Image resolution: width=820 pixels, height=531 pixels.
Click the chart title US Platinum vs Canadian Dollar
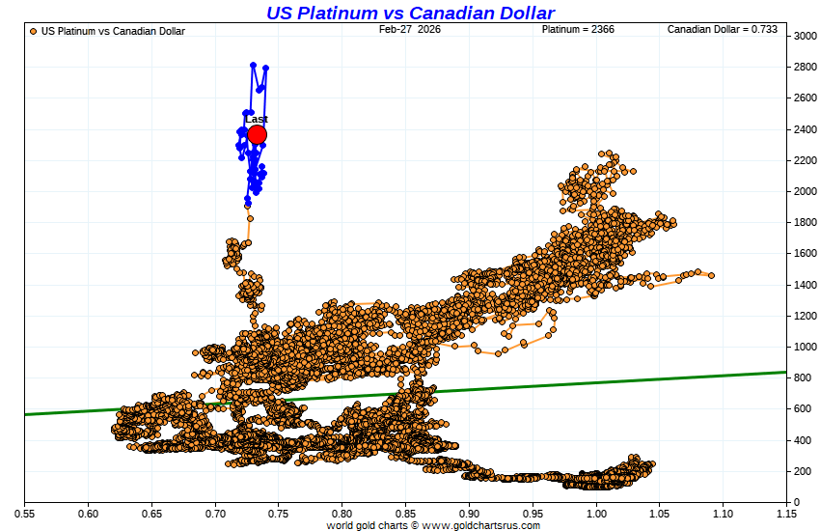(410, 13)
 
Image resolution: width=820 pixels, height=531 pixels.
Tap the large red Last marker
(257, 134)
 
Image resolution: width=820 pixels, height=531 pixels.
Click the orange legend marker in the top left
(34, 31)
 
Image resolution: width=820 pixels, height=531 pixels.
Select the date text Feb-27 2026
(409, 30)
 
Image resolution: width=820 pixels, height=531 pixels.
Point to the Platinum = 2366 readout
(578, 30)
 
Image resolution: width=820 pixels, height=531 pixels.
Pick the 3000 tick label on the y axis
(806, 36)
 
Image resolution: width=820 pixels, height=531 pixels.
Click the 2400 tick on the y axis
(806, 129)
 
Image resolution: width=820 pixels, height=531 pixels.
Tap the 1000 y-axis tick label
(806, 347)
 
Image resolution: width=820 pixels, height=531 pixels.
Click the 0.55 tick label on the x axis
(25, 514)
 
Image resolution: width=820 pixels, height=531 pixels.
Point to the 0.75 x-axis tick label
(279, 514)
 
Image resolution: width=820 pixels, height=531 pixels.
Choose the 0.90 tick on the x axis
(470, 514)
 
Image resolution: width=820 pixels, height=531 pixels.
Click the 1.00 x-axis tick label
(596, 514)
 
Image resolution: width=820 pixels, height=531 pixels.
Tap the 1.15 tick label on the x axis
(786, 514)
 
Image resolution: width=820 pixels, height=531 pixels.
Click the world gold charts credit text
(433, 525)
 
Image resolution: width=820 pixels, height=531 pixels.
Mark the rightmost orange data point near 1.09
(711, 275)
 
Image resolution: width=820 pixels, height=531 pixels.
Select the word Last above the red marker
(257, 120)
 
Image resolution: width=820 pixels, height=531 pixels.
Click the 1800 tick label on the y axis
(806, 222)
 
